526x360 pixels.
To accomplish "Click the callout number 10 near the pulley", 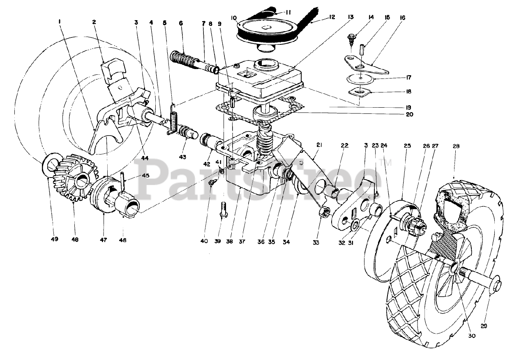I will click(x=234, y=18).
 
